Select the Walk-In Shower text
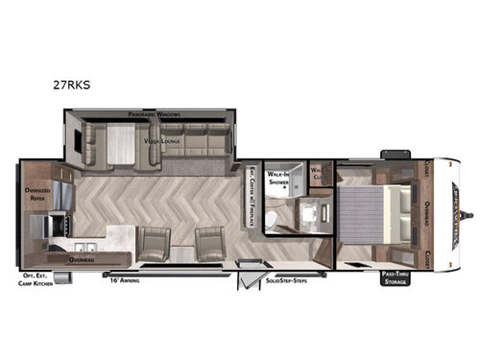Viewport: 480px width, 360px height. (x=277, y=175)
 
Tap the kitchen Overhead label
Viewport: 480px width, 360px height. (x=83, y=258)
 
